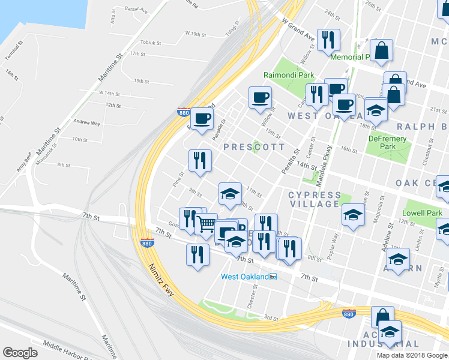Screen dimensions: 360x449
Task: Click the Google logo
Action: pyautogui.click(x=20, y=353)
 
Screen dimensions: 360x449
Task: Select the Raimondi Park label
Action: pyautogui.click(x=289, y=76)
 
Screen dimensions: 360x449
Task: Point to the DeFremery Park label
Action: pyautogui.click(x=388, y=142)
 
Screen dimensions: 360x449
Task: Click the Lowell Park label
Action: pyautogui.click(x=423, y=213)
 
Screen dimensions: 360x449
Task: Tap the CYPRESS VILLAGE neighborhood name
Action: pyautogui.click(x=314, y=199)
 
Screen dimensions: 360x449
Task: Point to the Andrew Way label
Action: pyautogui.click(x=86, y=122)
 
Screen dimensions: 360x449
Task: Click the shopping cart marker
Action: pyautogui.click(x=206, y=224)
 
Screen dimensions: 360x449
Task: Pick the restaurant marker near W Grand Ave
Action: pyautogui.click(x=328, y=40)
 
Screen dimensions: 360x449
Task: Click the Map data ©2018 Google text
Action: pyautogui.click(x=411, y=355)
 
